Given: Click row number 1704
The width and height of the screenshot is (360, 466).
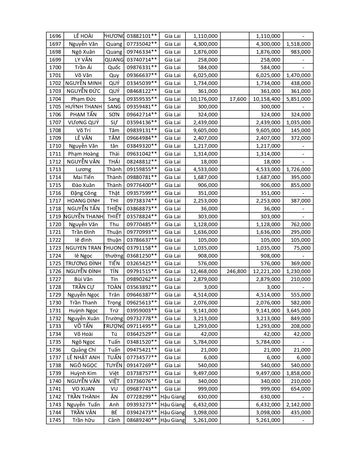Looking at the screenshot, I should pyautogui.click(x=55, y=99).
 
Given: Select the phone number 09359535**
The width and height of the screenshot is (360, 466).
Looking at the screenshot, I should pyautogui.click(x=141, y=99).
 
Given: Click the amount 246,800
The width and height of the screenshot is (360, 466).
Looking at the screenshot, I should pyautogui.click(x=236, y=271).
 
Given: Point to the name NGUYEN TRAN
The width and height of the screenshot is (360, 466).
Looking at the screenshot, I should pyautogui.click(x=83, y=248).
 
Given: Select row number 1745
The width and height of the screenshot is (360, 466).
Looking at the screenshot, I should pyautogui.click(x=55, y=420).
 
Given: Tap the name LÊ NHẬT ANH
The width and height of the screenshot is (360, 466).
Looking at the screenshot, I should pyautogui.click(x=83, y=357).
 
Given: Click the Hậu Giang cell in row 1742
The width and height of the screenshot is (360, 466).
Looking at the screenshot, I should pyautogui.click(x=173, y=397).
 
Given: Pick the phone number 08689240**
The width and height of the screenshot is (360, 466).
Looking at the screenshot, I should pyautogui.click(x=141, y=420).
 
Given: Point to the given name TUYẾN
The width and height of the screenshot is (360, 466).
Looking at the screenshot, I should pyautogui.click(x=114, y=365).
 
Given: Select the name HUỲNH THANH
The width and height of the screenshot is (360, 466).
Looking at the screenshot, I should pyautogui.click(x=83, y=106).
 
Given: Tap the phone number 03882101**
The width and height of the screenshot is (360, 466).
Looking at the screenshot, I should pyautogui.click(x=141, y=36).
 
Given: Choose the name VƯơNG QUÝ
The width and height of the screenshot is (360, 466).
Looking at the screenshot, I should pyautogui.click(x=83, y=122).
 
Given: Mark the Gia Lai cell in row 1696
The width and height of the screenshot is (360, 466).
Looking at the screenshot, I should pyautogui.click(x=173, y=36).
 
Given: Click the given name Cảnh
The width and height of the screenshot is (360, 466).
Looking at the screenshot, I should pyautogui.click(x=114, y=420).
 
